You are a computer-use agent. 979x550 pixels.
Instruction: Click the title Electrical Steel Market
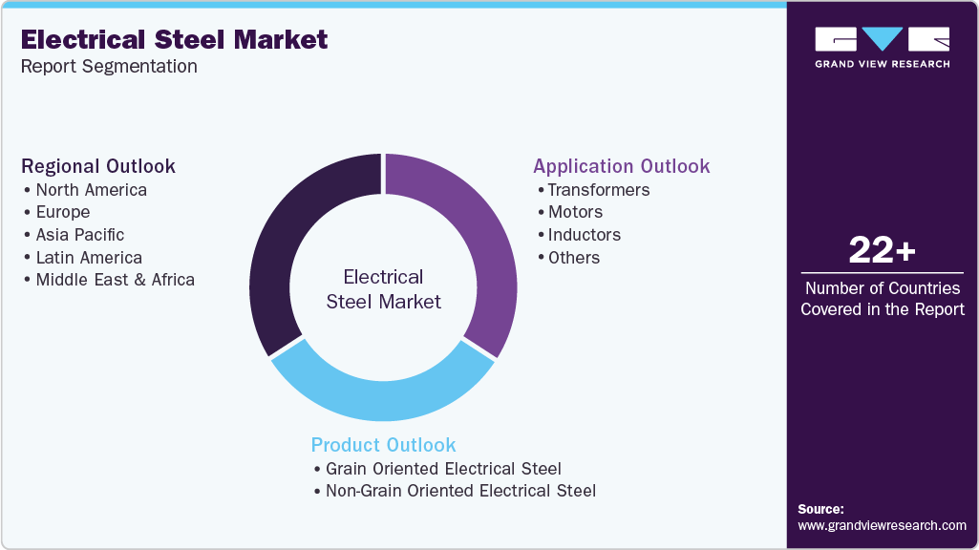coord(174,39)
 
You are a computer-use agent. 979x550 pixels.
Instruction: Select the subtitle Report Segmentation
coord(109,66)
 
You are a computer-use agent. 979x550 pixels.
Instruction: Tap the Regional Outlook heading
coord(98,166)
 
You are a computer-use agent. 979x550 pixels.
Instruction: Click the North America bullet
coord(91,189)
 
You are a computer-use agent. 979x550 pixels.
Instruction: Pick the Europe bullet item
coord(62,212)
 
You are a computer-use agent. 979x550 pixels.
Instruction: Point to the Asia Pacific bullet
coord(79,235)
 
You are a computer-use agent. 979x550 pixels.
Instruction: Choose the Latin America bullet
coord(89,258)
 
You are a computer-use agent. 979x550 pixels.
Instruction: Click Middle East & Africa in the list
coord(115,280)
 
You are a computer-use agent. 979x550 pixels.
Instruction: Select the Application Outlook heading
coord(622,166)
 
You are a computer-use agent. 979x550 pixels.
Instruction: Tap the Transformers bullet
coord(598,189)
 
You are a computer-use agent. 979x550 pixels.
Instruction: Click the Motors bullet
coord(575,212)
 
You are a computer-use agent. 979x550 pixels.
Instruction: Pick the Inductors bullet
coord(584,235)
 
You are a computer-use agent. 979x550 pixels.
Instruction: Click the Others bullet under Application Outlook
coord(574,258)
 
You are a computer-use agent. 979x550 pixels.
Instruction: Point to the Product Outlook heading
coord(384,445)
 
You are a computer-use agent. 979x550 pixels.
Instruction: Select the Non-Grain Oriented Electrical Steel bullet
coord(460,491)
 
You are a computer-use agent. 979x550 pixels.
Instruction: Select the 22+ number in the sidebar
coord(882,251)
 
